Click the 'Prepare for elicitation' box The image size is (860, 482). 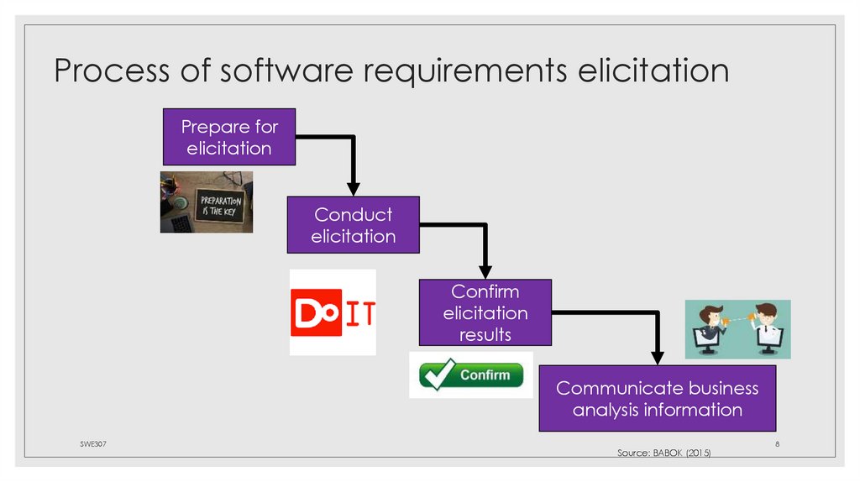[228, 137]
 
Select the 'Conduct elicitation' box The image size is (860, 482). [353, 225]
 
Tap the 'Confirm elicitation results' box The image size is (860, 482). [485, 312]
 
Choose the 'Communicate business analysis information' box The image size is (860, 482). [657, 399]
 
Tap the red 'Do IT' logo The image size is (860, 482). [333, 312]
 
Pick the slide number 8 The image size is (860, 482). [778, 443]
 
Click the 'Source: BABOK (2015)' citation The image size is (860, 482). [664, 453]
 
